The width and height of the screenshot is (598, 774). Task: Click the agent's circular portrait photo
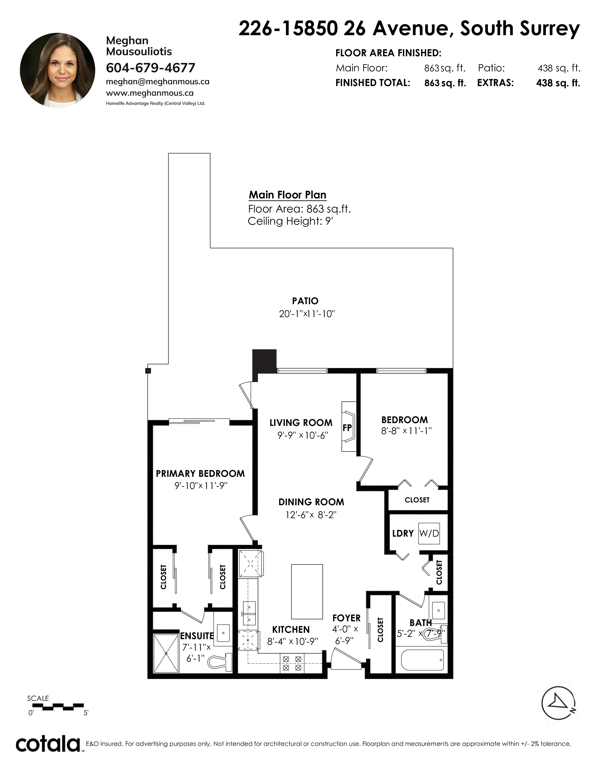(57, 70)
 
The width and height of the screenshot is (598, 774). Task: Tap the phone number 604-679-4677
(151, 68)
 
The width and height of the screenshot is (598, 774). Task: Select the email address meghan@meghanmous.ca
(158, 82)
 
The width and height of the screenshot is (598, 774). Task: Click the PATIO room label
(305, 301)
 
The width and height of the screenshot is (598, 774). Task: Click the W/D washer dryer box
(429, 533)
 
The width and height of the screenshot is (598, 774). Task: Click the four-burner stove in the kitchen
(292, 664)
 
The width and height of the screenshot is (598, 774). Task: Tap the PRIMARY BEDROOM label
(200, 474)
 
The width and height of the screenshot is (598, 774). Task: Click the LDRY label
(403, 533)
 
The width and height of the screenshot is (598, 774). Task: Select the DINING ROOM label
(311, 502)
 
